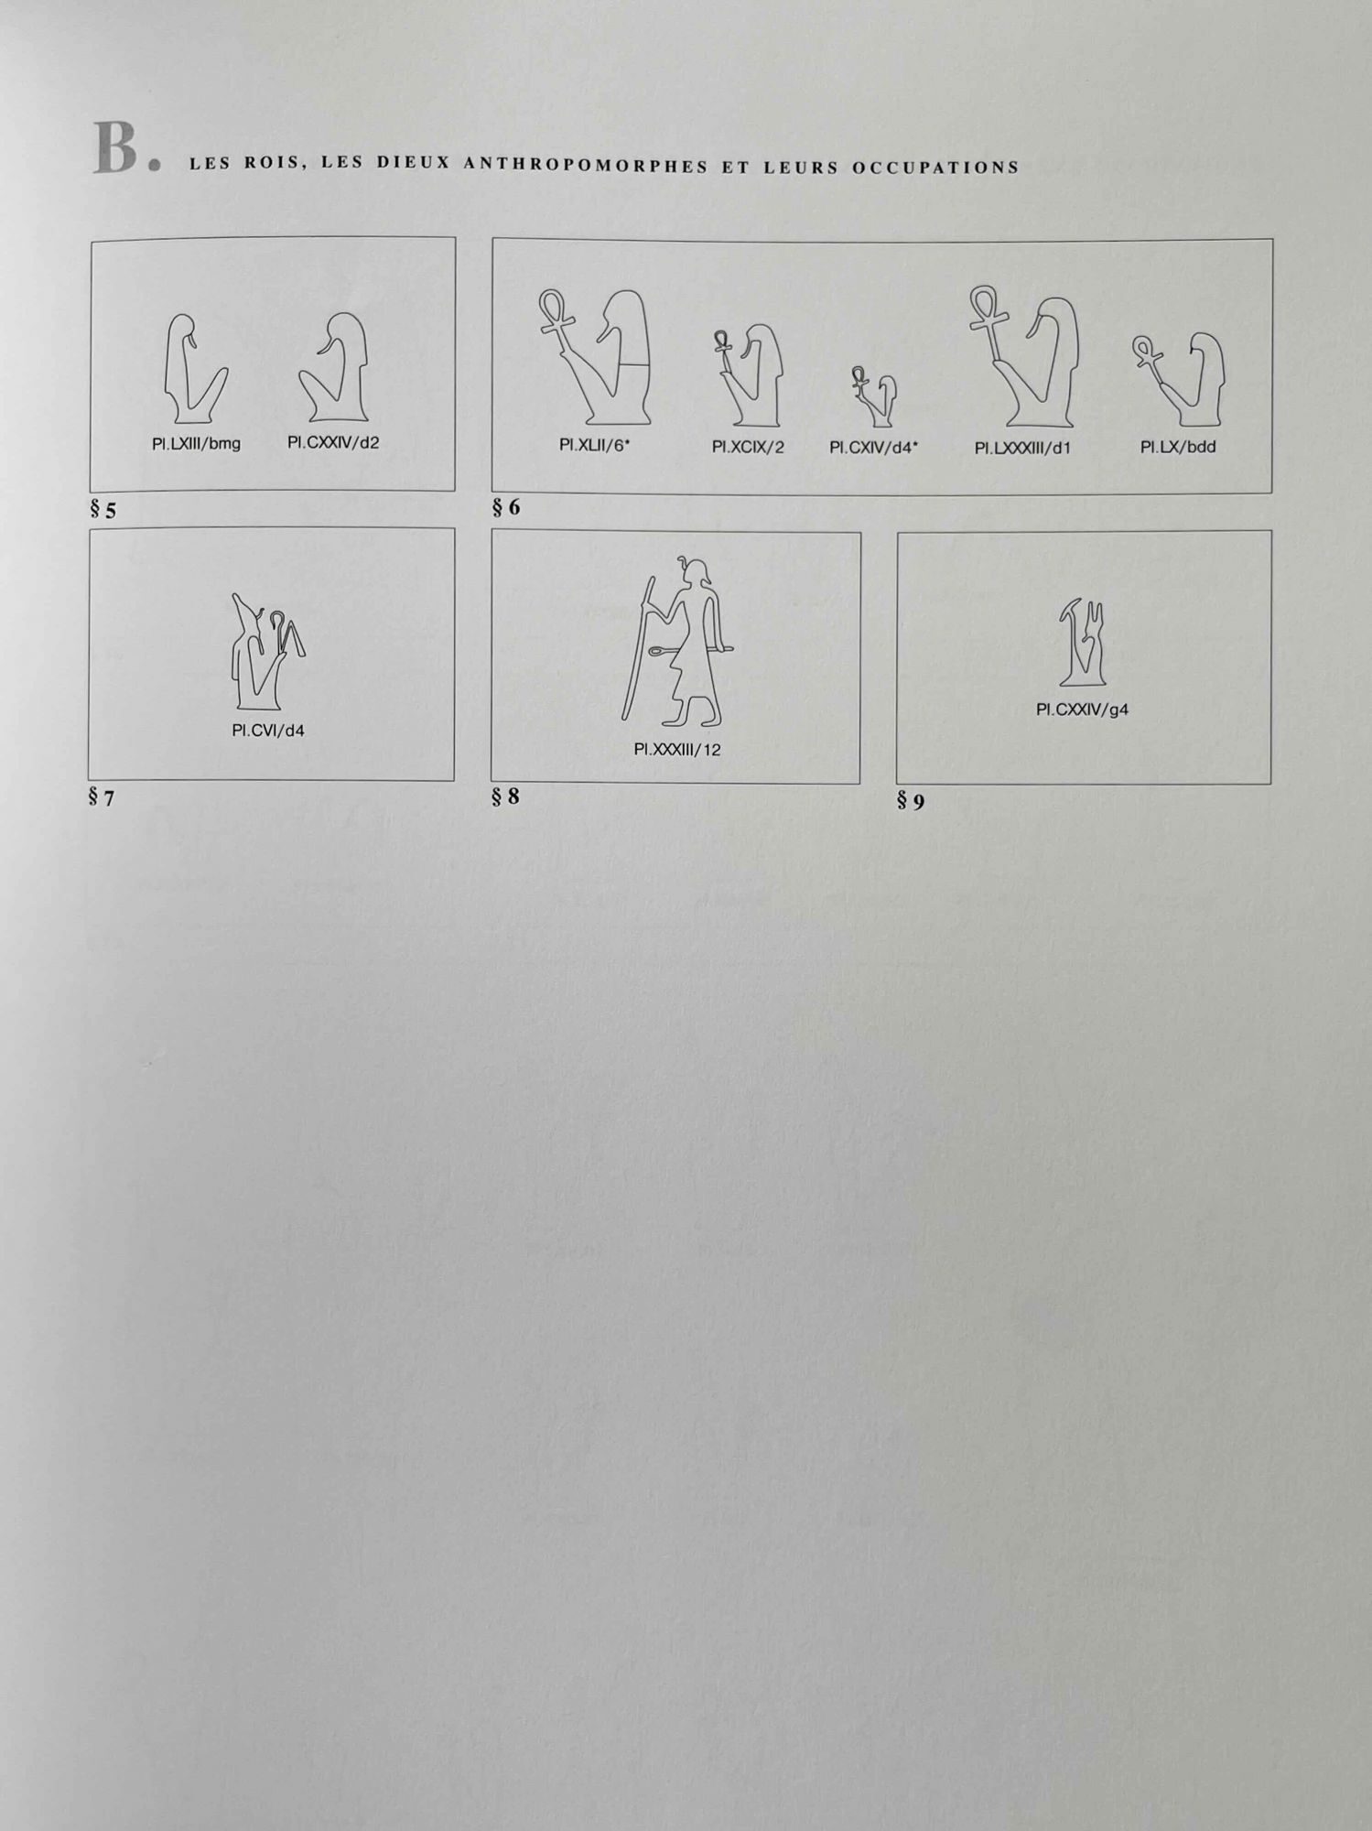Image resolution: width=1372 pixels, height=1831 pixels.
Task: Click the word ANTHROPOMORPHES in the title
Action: (586, 165)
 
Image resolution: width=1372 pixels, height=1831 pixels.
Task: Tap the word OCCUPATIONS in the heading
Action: (935, 168)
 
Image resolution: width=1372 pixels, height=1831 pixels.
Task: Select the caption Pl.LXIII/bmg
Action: (196, 444)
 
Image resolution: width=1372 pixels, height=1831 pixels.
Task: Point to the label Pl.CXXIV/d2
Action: (333, 443)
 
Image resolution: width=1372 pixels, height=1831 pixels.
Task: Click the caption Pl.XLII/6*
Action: (595, 446)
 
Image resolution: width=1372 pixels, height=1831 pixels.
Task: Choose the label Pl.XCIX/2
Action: (748, 448)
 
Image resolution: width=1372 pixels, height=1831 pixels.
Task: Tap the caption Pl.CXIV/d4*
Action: (873, 448)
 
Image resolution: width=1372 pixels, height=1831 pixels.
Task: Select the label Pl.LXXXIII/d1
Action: (1022, 449)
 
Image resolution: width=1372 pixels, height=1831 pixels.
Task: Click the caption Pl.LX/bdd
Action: (1178, 448)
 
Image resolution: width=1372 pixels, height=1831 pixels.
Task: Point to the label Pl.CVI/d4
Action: (268, 731)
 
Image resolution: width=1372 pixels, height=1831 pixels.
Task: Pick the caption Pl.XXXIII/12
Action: (677, 750)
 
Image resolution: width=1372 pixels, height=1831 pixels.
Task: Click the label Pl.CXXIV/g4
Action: (1082, 710)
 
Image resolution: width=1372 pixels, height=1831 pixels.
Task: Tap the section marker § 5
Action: (103, 510)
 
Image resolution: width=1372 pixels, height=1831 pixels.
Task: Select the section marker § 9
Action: (911, 802)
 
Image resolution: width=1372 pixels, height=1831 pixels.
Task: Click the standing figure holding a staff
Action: (678, 641)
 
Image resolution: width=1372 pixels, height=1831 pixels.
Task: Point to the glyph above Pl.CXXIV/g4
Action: (1083, 643)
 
